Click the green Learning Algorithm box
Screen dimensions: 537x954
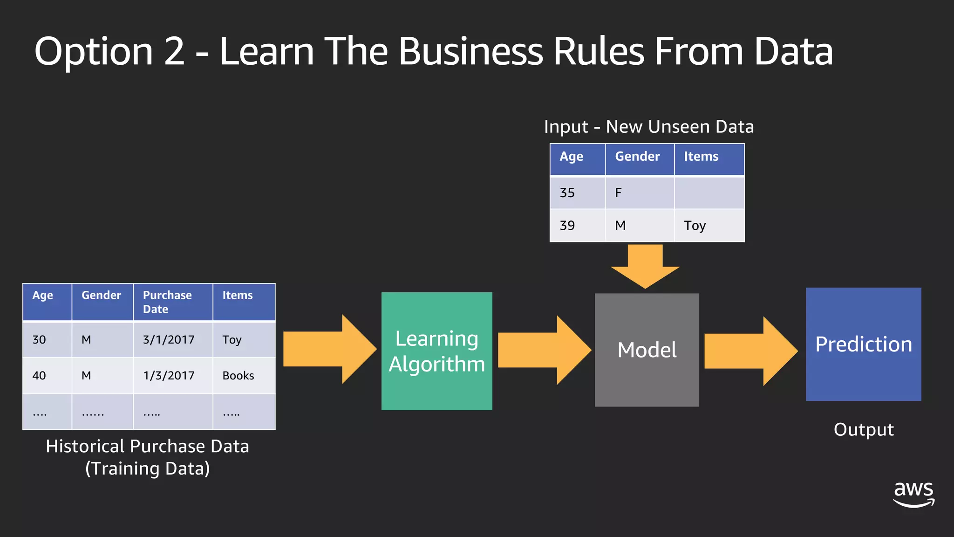click(x=436, y=351)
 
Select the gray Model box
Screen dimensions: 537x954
click(x=647, y=350)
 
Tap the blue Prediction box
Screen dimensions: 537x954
click(x=863, y=344)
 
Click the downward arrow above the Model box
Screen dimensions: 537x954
click(x=645, y=266)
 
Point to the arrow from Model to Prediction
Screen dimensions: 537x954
click(x=750, y=351)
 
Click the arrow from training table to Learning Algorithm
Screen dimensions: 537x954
click(x=329, y=349)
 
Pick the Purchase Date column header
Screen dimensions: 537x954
click(x=167, y=302)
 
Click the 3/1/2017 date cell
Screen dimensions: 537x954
click(x=169, y=340)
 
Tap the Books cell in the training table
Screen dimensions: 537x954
click(x=238, y=376)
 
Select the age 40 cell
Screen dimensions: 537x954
click(x=39, y=376)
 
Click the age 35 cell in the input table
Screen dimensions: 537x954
click(x=567, y=193)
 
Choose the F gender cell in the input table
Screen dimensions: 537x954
click(x=618, y=193)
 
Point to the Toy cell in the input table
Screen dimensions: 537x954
click(x=695, y=226)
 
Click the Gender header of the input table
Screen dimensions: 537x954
click(x=637, y=157)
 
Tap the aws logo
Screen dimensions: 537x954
click(x=913, y=494)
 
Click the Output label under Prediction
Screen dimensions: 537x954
click(x=863, y=429)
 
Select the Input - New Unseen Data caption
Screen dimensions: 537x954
click(x=648, y=127)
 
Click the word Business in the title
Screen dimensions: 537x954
click(x=470, y=51)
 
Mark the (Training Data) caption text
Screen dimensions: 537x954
click(x=147, y=468)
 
